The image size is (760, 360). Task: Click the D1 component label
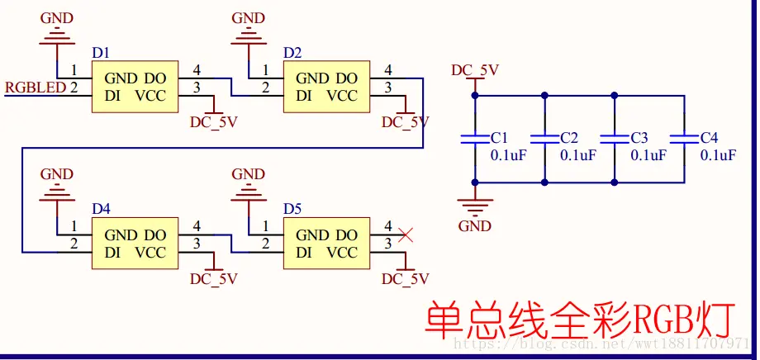coord(101,53)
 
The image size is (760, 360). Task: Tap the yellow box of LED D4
coord(135,244)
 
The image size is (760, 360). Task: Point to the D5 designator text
coord(292,209)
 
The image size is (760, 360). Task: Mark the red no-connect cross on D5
coord(406,234)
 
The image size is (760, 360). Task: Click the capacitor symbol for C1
coord(474,139)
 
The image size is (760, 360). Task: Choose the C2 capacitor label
coord(569,137)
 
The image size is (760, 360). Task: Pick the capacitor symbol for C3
coord(615,139)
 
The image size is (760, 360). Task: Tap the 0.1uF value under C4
coord(718,155)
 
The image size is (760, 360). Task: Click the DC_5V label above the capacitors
coord(475,69)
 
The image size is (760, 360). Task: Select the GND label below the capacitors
coord(475,226)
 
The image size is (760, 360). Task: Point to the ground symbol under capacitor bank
coord(475,202)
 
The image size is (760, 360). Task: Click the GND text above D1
coord(56,18)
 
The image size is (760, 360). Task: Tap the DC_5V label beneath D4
coord(213,279)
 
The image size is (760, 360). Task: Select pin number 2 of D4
coord(74,244)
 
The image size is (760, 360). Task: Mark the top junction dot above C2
coord(544,96)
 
